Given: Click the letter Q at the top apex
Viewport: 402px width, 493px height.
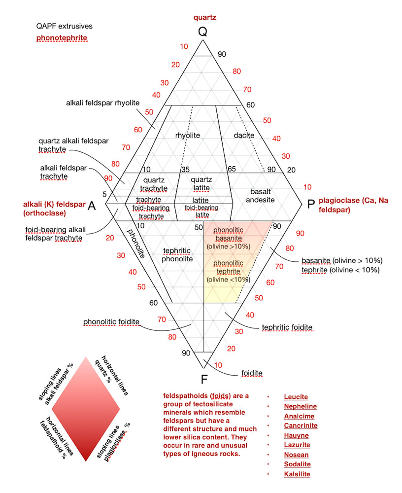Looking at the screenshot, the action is coord(203,32).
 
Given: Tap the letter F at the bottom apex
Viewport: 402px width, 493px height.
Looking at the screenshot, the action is coord(204,379).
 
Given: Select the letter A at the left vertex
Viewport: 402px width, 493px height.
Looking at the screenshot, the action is coord(92,206).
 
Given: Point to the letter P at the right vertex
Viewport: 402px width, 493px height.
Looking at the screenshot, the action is coord(311,204).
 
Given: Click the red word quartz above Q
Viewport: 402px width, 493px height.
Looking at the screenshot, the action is coord(205,18).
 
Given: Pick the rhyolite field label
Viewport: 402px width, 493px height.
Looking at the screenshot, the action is coord(188,135).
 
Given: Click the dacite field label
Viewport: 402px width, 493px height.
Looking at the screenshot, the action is coord(244,135).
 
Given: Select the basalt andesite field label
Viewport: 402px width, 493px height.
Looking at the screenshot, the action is coord(260,196).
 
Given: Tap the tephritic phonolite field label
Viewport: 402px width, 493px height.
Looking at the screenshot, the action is coord(177,255).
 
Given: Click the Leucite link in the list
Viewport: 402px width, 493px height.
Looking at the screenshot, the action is coord(296,397).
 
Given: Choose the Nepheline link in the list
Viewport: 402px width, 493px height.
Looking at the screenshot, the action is coord(300,406).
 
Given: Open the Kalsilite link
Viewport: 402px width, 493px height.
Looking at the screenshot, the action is coord(297,474).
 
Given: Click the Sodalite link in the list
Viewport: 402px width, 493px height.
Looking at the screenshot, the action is coord(298,464).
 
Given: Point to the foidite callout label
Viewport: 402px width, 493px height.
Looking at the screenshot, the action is coord(252,373).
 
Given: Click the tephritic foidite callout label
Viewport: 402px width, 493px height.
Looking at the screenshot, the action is coord(287,327).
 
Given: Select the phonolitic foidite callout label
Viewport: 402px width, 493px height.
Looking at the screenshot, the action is coord(111,322).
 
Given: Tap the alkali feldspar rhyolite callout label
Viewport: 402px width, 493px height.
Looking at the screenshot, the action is coord(103,103).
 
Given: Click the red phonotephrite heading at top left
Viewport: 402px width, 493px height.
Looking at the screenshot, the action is coord(62,38).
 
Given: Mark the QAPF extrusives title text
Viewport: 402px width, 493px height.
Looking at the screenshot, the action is coord(65,26).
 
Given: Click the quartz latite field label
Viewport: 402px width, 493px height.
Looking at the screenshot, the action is coord(201,183).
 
